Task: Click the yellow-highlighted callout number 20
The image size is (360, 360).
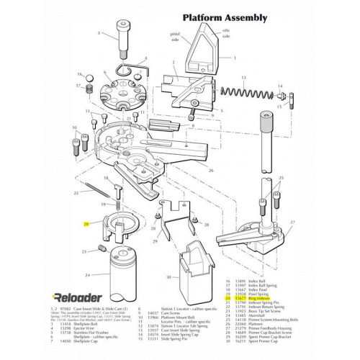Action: pyautogui.click(x=86, y=225)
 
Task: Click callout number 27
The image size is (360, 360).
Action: pyautogui.click(x=292, y=223)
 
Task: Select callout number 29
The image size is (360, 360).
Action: pyautogui.click(x=154, y=242)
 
